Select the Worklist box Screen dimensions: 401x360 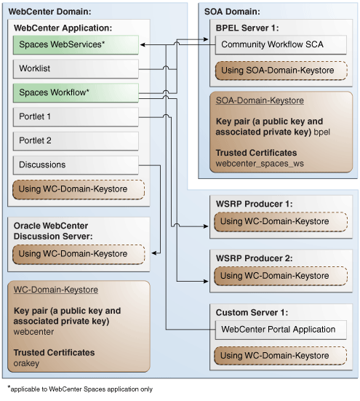(x=76, y=69)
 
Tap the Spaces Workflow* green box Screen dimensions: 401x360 (x=76, y=92)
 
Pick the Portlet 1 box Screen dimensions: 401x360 (x=76, y=116)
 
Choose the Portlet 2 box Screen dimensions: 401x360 (x=76, y=140)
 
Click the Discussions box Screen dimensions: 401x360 (x=76, y=164)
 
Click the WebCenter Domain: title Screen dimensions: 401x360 (x=49, y=12)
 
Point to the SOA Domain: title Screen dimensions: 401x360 (x=237, y=12)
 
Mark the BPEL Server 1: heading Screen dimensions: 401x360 (x=248, y=27)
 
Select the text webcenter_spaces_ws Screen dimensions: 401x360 (x=260, y=164)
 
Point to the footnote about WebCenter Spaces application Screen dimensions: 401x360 (x=80, y=389)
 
